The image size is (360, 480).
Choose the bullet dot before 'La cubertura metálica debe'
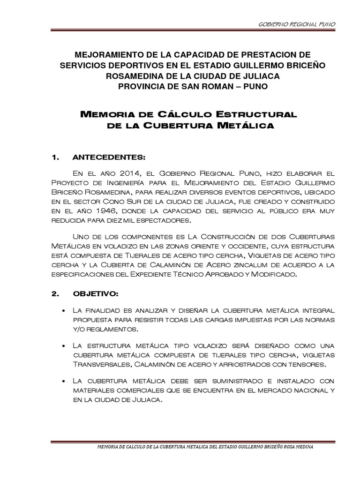tap(64, 382)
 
